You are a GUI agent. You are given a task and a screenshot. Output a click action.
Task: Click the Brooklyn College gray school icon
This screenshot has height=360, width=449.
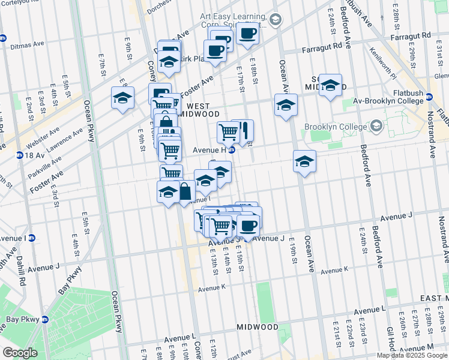tap(376, 127)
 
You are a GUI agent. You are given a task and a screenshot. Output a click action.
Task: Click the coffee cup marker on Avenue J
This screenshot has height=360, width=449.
tap(247, 226)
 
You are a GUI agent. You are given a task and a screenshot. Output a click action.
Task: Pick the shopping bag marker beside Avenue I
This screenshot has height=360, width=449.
tap(185, 192)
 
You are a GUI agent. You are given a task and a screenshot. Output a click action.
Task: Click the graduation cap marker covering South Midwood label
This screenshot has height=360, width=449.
tap(330, 85)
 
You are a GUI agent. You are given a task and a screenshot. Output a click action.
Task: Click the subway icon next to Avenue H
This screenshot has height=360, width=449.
tap(231, 150)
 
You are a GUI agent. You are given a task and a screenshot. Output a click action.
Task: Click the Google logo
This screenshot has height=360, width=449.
tap(20, 353)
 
